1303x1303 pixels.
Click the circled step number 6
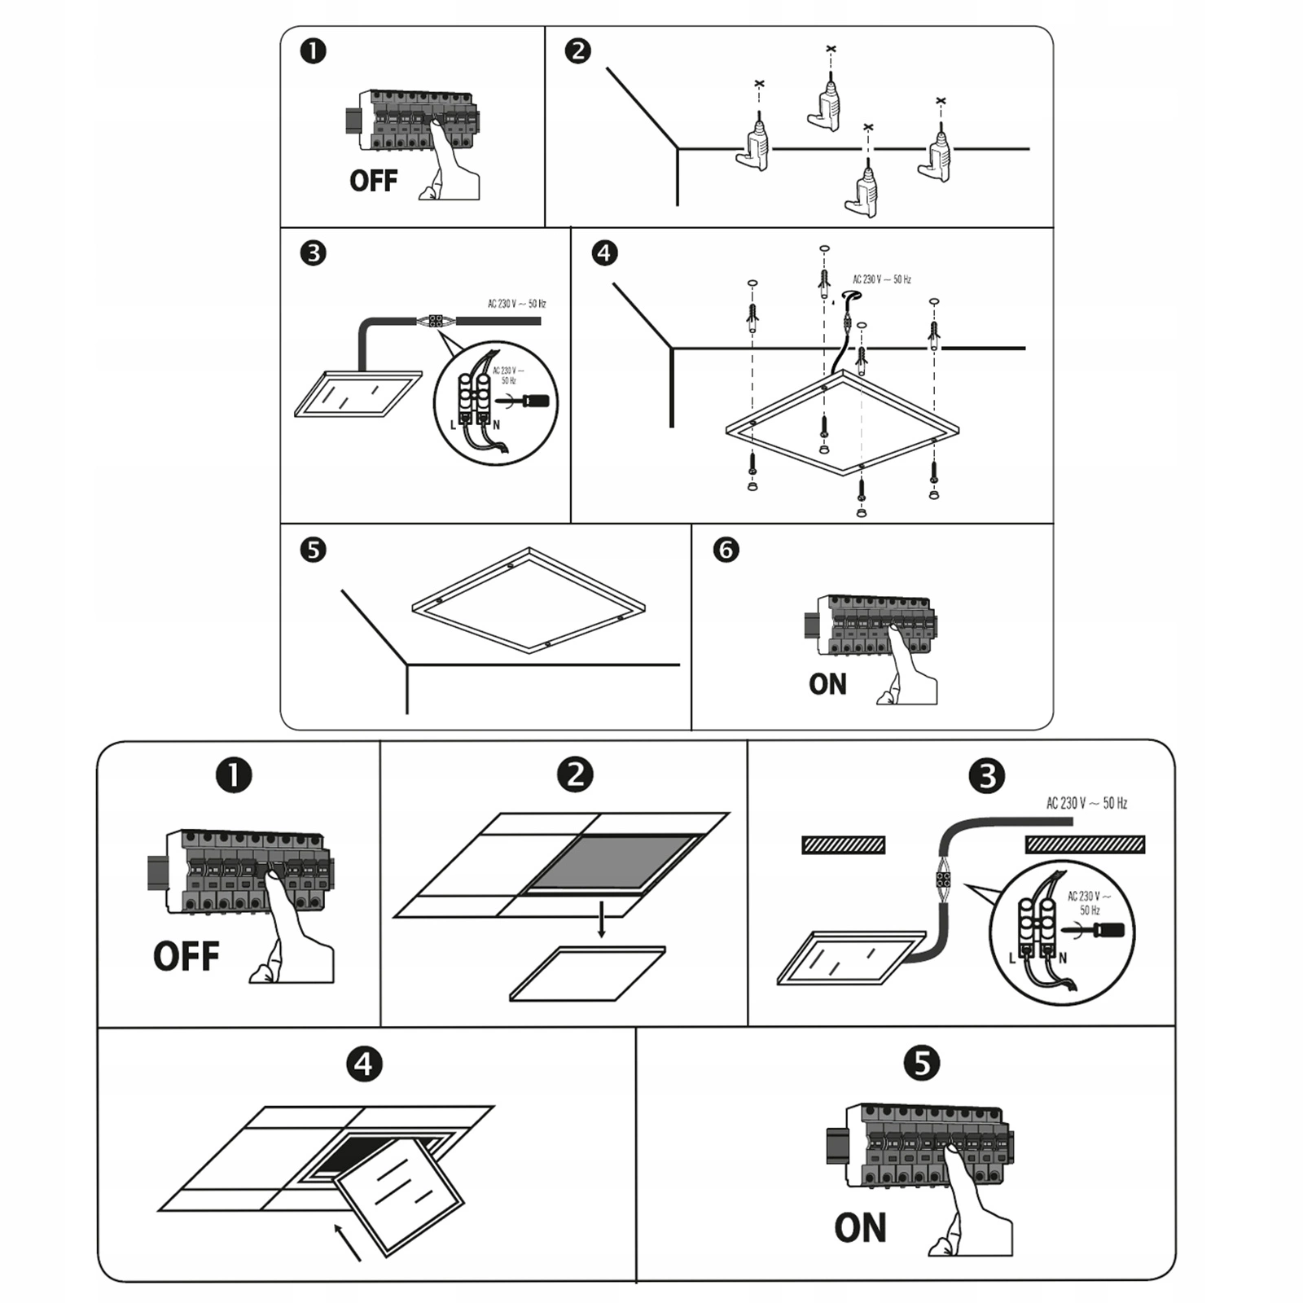[x=726, y=550]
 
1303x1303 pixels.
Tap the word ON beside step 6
[x=827, y=685]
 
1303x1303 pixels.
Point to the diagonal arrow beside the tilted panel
[x=348, y=1241]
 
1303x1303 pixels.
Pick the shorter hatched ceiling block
[x=843, y=845]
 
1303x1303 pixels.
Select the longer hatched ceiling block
[x=1085, y=845]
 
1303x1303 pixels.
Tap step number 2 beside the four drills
[x=577, y=51]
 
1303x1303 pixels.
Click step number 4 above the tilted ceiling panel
[x=363, y=1064]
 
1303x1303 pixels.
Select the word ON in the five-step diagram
[x=860, y=1228]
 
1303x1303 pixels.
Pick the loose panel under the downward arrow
[x=587, y=973]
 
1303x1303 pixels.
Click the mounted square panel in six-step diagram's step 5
[x=529, y=600]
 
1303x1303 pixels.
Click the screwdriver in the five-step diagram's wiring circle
[x=1099, y=930]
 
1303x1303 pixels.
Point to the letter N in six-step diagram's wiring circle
[x=496, y=424]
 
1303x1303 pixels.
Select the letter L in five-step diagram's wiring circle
[x=1012, y=959]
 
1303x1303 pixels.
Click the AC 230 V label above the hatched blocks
[x=1086, y=804]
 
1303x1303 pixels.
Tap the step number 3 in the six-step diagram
[x=313, y=253]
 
